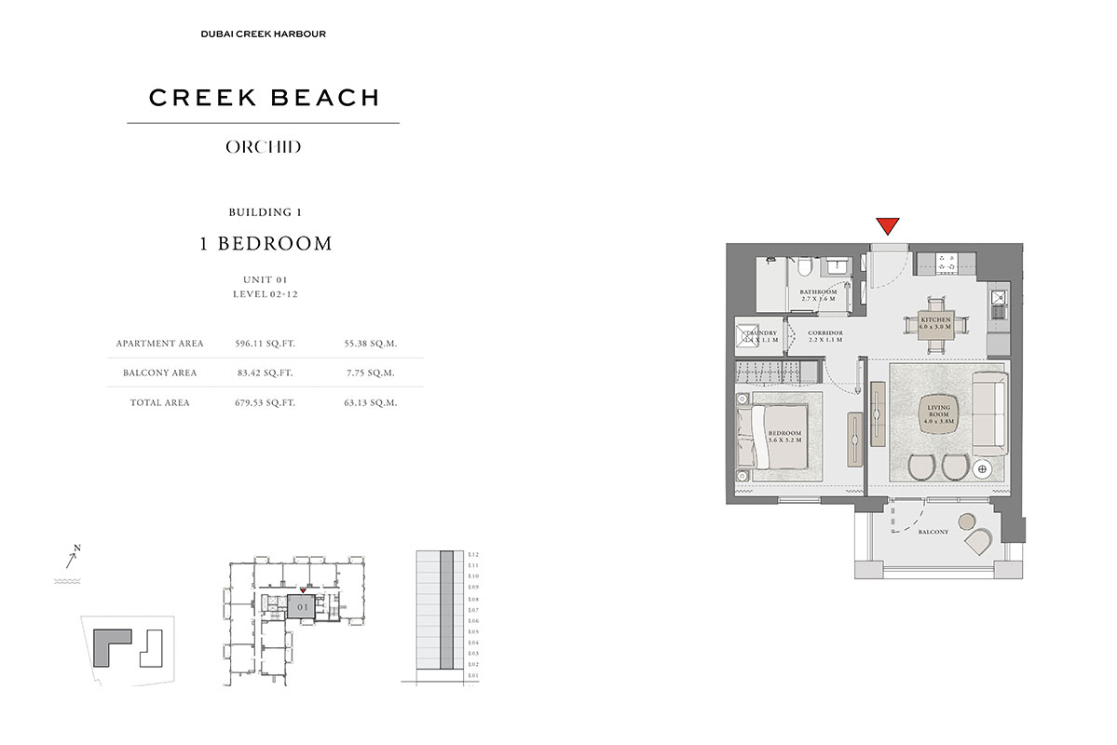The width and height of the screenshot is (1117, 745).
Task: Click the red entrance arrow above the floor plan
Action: (888, 226)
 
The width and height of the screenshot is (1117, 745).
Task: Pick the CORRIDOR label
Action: (825, 336)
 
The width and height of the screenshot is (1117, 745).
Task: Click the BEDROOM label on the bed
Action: (784, 437)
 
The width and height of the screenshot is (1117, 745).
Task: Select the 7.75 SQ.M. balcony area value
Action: (370, 372)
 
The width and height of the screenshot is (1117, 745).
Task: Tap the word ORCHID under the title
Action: (263, 147)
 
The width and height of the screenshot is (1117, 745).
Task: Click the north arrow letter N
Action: (78, 548)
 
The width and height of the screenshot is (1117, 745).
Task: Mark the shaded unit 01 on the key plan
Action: (301, 606)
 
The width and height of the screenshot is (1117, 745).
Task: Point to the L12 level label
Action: (473, 554)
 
